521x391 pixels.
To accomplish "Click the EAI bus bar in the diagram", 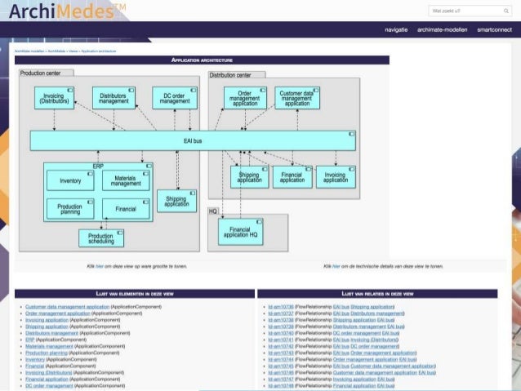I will [193, 141].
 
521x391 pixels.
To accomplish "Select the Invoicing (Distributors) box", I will [55, 99].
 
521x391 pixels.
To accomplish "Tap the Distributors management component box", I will [114, 99].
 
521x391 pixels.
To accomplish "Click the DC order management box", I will [175, 99].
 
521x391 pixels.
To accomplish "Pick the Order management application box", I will [245, 99].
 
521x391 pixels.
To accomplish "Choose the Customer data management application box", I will [297, 99].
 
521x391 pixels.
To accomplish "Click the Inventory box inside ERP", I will [71, 180].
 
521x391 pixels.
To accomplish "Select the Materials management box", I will [127, 180].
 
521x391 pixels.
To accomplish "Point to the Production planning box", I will [71, 208].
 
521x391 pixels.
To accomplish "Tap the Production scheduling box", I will [101, 238].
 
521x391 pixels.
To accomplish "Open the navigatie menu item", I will [396, 29].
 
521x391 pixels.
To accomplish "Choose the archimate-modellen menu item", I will [442, 29].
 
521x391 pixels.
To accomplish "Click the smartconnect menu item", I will [494, 29].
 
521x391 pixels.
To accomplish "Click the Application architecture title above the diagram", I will [202, 60].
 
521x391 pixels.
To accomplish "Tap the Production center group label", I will [46, 73].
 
